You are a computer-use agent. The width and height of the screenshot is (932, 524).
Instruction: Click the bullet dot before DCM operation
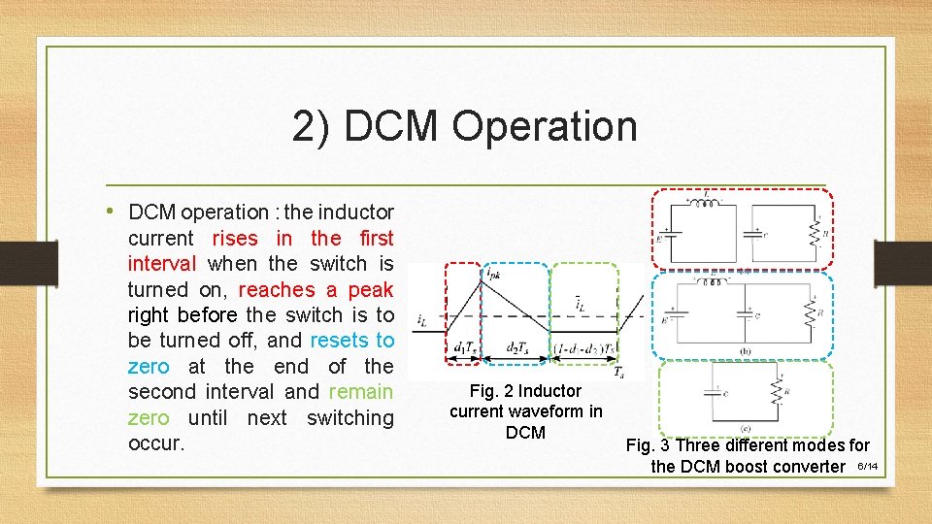pyautogui.click(x=114, y=211)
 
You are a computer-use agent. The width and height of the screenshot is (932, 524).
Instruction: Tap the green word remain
pyautogui.click(x=361, y=392)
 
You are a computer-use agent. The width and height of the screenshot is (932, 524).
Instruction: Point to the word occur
pyautogui.click(x=155, y=443)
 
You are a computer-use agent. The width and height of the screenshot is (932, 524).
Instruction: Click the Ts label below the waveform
pyautogui.click(x=618, y=372)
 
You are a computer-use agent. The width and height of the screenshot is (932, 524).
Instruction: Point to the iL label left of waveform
pyautogui.click(x=420, y=319)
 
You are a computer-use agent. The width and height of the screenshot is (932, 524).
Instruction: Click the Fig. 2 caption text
pyautogui.click(x=525, y=411)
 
